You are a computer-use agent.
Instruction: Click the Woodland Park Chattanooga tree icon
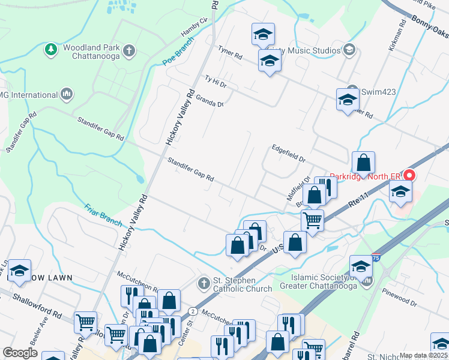click(51, 49)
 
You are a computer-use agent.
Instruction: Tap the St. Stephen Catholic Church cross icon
click(203, 283)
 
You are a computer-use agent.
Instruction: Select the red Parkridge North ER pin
click(410, 176)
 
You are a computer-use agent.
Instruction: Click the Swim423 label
click(379, 92)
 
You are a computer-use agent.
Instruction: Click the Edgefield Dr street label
click(288, 153)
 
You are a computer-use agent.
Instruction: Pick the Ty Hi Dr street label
click(215, 82)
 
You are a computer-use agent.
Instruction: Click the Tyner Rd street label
click(230, 53)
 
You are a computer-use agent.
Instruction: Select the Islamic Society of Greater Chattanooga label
click(325, 281)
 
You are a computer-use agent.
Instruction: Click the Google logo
click(20, 353)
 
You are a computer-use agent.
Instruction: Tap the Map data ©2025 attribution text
click(423, 355)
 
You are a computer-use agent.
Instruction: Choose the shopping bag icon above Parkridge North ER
click(363, 163)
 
